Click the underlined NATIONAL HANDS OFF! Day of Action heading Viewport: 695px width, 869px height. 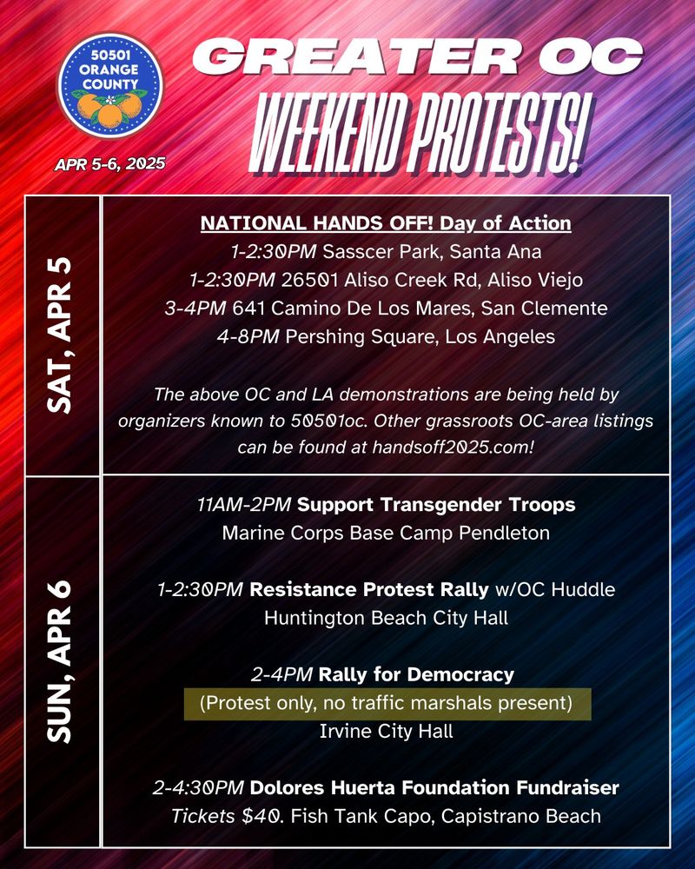click(x=386, y=223)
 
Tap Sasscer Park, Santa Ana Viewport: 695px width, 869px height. click(x=432, y=252)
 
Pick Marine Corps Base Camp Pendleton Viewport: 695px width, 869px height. click(x=386, y=533)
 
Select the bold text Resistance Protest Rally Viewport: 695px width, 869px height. click(x=368, y=589)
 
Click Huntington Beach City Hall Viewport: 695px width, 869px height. click(x=386, y=618)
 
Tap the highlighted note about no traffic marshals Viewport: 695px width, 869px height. click(x=386, y=703)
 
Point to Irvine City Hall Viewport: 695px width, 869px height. click(x=386, y=731)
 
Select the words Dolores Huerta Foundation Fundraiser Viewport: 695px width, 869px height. click(x=434, y=788)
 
